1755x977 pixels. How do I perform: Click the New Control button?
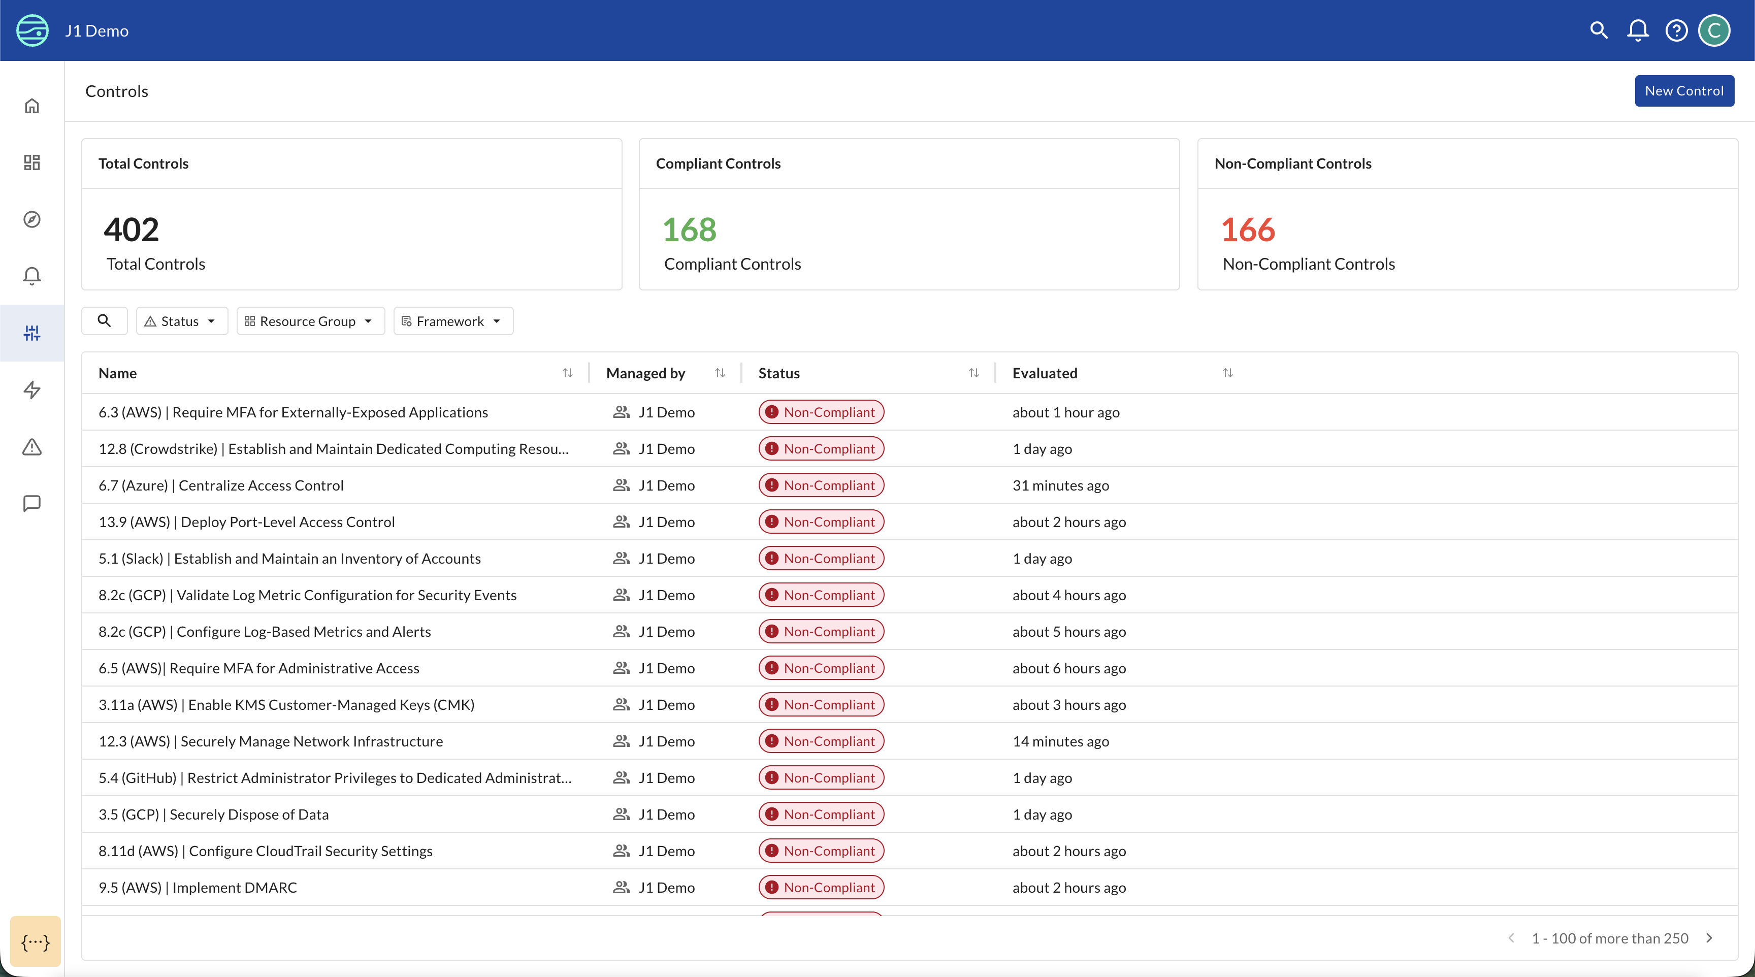pos(1683,90)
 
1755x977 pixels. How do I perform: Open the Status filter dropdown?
pos(181,321)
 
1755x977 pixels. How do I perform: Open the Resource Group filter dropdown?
pos(310,321)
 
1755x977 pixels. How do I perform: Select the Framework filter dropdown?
pos(453,321)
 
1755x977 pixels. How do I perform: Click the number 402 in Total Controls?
pos(132,230)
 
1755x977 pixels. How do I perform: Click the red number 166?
pos(1247,230)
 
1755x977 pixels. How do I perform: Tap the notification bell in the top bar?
pos(1638,30)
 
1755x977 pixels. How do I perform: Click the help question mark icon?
pos(1676,30)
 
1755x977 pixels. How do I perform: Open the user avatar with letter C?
pos(1714,30)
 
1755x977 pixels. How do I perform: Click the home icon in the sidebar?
pos(32,106)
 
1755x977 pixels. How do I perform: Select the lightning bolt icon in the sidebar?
pos(32,389)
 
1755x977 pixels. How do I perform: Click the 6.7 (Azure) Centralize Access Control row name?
pos(221,485)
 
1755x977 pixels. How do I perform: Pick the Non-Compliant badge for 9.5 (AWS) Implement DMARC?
pos(821,887)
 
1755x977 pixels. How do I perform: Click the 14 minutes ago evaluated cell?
pos(1060,741)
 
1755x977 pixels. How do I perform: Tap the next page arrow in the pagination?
pos(1709,938)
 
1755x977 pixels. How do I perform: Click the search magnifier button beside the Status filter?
pos(104,321)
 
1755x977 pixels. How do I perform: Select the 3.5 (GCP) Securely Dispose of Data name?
pos(213,814)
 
